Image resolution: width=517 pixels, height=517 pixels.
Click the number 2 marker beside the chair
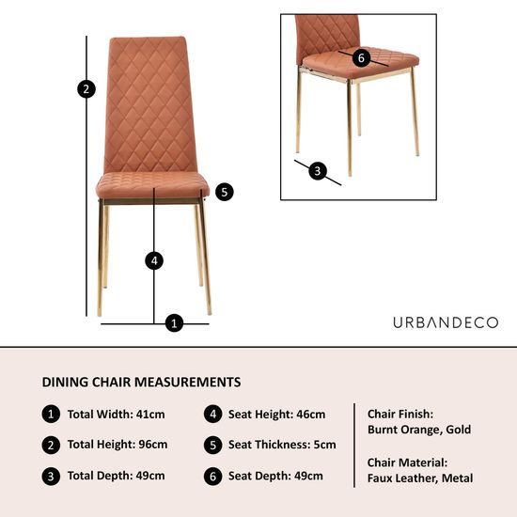pos(86,89)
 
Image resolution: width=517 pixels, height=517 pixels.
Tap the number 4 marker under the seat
pos(155,260)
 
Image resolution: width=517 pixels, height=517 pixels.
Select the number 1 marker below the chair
pos(174,323)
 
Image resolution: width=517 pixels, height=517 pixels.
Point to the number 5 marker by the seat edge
pos(223,192)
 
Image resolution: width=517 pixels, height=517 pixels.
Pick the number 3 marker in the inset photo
pos(318,171)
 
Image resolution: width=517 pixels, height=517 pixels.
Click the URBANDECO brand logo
pos(446,322)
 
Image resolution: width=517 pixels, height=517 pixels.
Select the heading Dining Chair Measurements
pos(141,383)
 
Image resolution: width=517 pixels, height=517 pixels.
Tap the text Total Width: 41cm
pos(116,415)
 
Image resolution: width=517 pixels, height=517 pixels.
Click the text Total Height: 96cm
pos(117,445)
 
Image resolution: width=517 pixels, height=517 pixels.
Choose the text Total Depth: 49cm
pos(116,476)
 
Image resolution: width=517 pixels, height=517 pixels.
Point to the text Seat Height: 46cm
pos(276,415)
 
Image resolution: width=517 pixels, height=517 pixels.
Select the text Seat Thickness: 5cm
pos(282,445)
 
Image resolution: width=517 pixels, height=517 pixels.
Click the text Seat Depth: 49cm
pos(274,476)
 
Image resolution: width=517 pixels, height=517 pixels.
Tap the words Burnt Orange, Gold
pos(419,430)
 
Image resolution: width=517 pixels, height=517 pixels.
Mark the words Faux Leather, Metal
pos(420,478)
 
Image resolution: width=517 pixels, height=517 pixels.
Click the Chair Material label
pos(407,462)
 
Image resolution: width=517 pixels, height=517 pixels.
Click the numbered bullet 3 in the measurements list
pos(50,476)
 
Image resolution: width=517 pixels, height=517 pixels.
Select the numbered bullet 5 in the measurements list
pos(212,445)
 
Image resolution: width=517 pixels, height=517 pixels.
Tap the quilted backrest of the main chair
pos(150,103)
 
